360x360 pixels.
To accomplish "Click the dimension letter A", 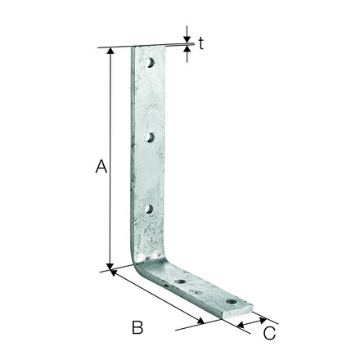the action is tap(101, 166).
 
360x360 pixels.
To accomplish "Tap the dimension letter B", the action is tap(137, 327).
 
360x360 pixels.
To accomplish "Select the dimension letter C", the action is tap(269, 333).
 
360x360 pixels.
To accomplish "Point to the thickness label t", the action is tap(201, 43).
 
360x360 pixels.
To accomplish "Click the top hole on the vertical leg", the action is tap(150, 63).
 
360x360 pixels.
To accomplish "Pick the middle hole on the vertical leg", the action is tap(150, 137).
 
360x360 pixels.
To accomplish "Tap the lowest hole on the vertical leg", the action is tap(149, 209).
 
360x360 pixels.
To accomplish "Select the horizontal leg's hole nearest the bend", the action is tap(180, 281).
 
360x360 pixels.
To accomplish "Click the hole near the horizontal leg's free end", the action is tap(232, 302).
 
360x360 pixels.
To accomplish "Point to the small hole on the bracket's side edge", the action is tap(167, 286).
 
